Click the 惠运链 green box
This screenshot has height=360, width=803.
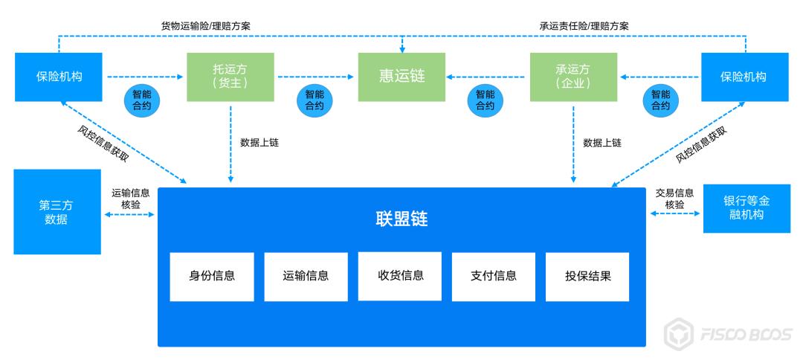coord(402,77)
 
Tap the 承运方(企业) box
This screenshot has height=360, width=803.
coord(573,77)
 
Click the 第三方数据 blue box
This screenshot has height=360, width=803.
coord(57,212)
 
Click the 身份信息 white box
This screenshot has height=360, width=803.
coord(212,276)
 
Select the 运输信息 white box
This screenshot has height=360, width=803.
coord(306,276)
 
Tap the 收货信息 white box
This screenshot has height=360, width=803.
coord(400,275)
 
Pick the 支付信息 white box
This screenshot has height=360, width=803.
coord(494,276)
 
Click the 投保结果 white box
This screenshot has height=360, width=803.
coord(588,276)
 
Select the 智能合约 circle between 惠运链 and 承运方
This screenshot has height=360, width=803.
coord(485,100)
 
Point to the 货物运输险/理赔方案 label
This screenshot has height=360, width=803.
coord(206,25)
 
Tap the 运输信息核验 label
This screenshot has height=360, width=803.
coord(130,198)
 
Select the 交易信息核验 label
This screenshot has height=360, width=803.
coord(674,198)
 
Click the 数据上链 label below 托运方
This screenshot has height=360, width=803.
coord(259,142)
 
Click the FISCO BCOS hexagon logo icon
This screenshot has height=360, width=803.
coord(677,332)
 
